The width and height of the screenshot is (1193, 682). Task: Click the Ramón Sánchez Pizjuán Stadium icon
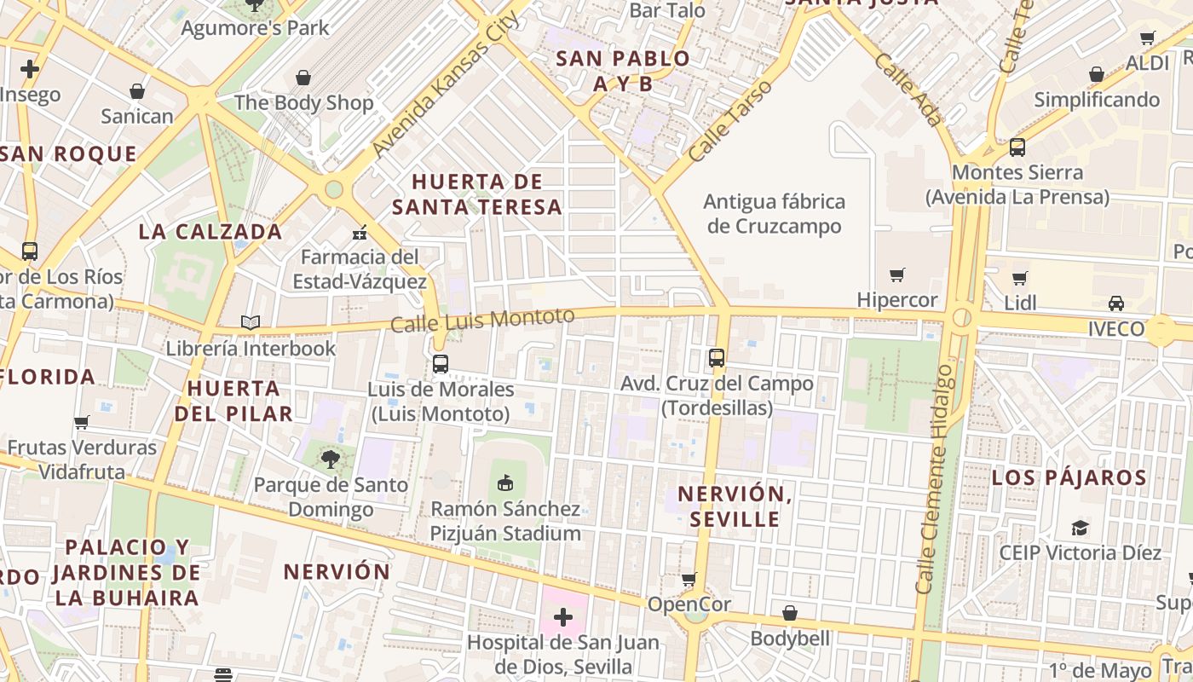[505, 483]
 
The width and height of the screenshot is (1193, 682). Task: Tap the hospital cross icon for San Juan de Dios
[563, 616]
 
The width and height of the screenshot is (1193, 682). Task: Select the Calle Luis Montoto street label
[482, 320]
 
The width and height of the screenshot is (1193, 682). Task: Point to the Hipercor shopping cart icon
[896, 275]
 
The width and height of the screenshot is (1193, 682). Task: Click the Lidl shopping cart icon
[1019, 278]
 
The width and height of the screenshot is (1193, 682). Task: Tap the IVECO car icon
[1115, 303]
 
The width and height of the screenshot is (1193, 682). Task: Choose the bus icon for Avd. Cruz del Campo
[717, 358]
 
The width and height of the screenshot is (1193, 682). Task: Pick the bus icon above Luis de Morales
[440, 363]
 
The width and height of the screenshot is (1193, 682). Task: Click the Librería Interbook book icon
[250, 322]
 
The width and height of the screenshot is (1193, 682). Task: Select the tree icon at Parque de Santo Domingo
[330, 459]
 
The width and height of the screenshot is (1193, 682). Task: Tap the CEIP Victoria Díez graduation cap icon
[1080, 527]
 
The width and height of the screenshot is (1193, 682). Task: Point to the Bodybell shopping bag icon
[790, 613]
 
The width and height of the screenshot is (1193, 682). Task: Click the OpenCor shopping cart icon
[689, 580]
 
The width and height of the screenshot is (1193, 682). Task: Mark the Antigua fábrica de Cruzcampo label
[775, 214]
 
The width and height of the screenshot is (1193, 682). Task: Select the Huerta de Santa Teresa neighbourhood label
[477, 194]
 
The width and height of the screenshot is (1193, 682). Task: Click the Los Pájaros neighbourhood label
[1069, 477]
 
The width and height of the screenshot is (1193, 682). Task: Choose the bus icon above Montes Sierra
[1017, 147]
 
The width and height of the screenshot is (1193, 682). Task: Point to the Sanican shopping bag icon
[136, 91]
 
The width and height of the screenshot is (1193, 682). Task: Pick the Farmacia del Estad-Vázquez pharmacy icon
[360, 232]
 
